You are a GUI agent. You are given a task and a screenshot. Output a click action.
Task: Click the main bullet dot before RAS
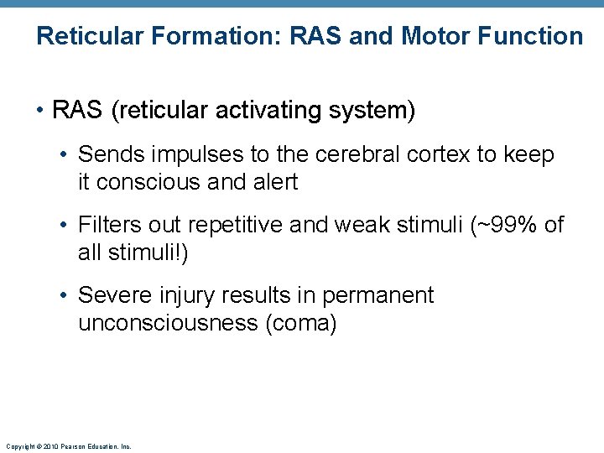pos(41,111)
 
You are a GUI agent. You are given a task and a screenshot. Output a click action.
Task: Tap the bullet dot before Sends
pos(67,155)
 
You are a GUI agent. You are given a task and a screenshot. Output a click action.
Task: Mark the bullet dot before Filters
pos(67,226)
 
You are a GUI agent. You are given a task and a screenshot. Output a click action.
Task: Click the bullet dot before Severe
pos(67,296)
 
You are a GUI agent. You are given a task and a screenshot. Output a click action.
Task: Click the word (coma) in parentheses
pos(300,323)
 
